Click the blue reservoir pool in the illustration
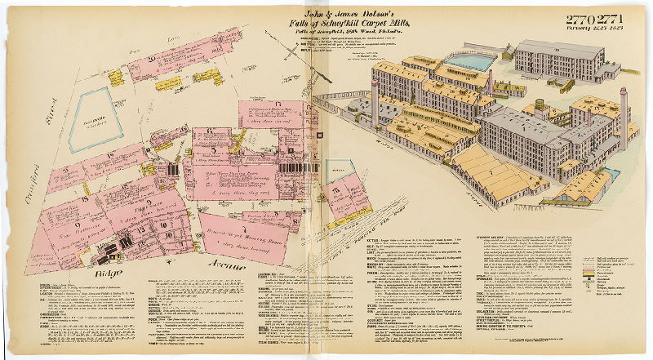point(469,61)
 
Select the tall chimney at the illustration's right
point(623,114)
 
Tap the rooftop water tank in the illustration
point(540,105)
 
